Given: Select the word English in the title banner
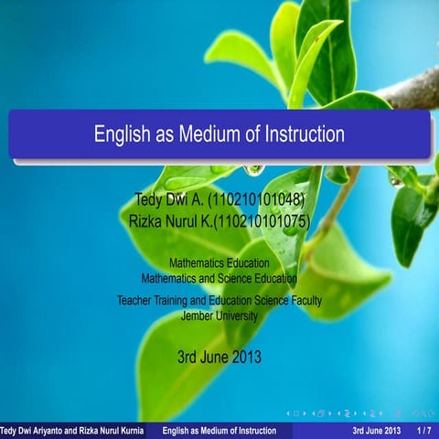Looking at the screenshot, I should click(x=123, y=134).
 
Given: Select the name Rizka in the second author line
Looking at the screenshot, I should click(x=149, y=220).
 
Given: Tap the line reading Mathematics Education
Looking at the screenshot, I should click(x=219, y=263).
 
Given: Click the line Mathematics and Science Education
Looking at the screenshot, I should click(x=219, y=277).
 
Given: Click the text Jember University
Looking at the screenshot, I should click(x=219, y=315).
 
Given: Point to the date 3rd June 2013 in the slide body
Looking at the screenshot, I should click(x=219, y=357).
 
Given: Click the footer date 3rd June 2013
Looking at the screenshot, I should click(x=376, y=431).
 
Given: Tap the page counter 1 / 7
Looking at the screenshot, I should click(x=424, y=431).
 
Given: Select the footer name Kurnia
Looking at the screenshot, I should click(x=128, y=431).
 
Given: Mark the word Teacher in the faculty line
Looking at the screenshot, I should click(x=136, y=300).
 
